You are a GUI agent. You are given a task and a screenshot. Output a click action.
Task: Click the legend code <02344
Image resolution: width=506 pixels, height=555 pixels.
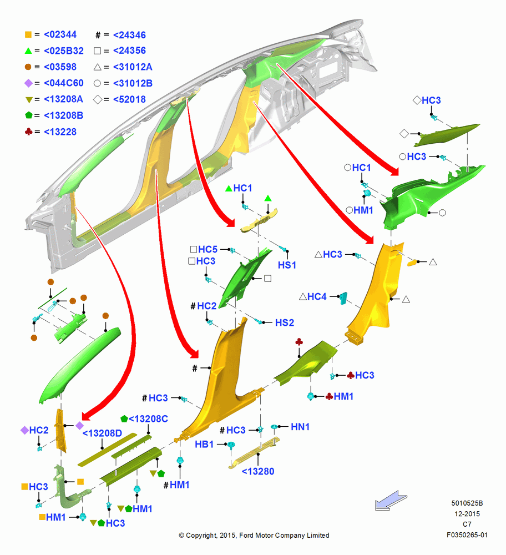(x=60, y=34)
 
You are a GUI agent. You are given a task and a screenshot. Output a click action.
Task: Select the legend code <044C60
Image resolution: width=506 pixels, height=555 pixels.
(x=64, y=83)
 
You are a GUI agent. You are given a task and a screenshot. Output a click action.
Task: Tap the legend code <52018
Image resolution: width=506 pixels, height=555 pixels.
(x=129, y=99)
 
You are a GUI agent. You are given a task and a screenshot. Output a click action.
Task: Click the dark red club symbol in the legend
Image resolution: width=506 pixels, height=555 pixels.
(x=29, y=132)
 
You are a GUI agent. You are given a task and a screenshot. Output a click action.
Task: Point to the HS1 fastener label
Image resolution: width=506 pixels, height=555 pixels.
(x=287, y=265)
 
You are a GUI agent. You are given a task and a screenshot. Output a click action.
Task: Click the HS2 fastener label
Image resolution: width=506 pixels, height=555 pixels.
(x=285, y=322)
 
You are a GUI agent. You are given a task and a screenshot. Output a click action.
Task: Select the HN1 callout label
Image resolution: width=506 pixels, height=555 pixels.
(x=300, y=427)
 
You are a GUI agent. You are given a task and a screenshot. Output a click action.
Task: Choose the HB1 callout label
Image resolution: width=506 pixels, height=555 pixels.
(x=204, y=444)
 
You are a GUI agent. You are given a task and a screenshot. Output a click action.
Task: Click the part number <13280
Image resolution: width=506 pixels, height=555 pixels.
(x=258, y=471)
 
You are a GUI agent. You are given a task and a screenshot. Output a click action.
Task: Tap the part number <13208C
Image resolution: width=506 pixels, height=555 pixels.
(x=148, y=418)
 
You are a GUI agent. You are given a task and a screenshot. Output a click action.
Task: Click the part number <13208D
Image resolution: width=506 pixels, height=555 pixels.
(x=102, y=433)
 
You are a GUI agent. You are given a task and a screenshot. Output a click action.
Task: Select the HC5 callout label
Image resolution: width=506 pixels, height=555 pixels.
(x=208, y=249)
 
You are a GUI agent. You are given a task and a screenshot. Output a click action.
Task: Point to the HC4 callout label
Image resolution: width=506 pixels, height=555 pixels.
(x=317, y=296)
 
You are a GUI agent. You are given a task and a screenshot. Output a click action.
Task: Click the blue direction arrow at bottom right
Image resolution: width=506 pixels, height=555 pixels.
(x=391, y=501)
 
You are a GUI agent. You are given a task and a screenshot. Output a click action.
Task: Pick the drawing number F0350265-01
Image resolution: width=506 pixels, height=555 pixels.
(x=467, y=535)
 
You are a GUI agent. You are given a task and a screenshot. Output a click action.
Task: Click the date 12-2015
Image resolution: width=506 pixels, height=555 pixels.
(x=467, y=513)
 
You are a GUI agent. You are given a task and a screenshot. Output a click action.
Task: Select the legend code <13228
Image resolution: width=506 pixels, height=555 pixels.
(x=60, y=132)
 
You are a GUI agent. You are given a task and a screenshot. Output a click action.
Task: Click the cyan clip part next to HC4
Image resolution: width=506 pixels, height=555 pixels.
(x=343, y=298)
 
